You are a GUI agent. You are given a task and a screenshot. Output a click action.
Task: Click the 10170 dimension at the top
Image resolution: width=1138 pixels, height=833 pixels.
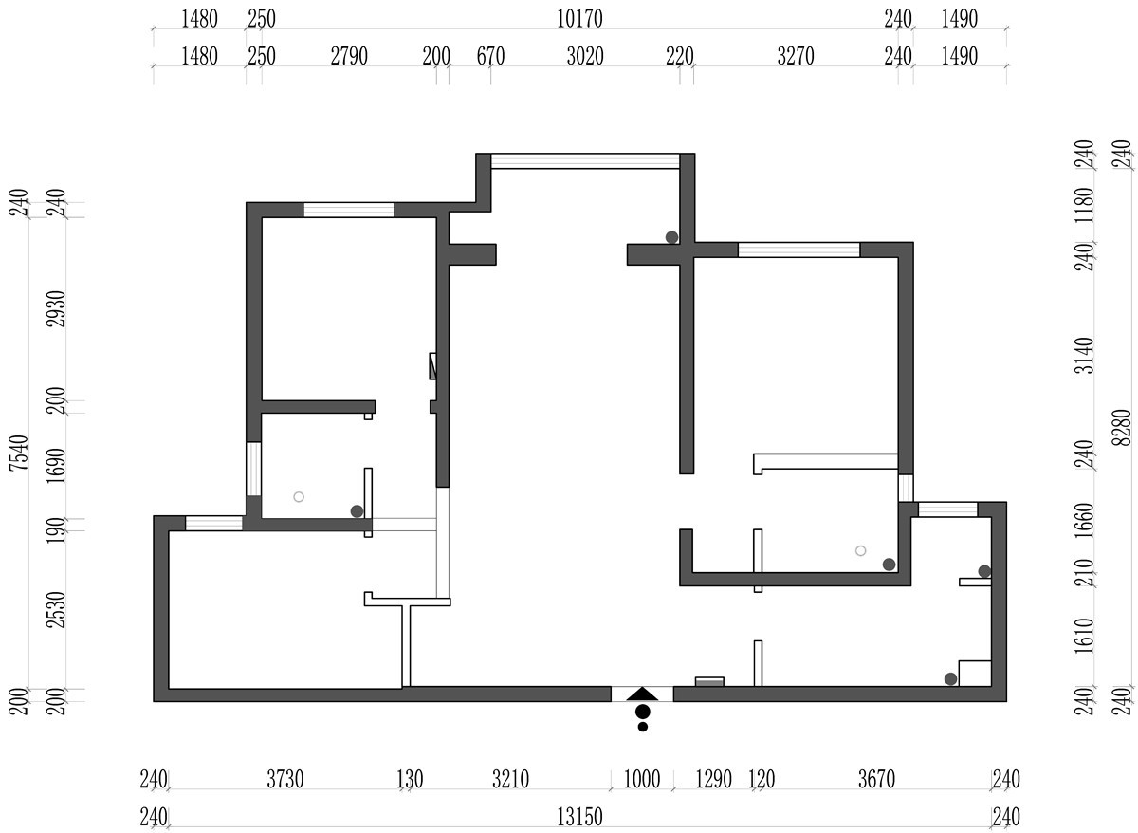coord(579,19)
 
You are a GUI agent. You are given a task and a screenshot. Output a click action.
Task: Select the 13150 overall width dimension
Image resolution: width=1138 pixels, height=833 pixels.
coord(579,817)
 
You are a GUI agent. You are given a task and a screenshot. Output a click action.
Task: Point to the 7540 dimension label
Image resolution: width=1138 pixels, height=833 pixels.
coord(19,454)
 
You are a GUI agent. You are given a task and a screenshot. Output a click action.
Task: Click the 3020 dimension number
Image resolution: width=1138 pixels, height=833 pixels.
coord(585,56)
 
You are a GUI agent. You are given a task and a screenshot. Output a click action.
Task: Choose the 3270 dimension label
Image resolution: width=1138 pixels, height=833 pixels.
coord(795,56)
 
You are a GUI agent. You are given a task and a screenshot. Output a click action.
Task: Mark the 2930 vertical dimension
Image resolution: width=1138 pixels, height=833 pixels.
coord(56,309)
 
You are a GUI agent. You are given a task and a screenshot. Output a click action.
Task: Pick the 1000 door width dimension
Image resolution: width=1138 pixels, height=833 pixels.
coord(642,779)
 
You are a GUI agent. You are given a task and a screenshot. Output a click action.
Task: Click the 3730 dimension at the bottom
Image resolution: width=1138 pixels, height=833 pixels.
coord(285,779)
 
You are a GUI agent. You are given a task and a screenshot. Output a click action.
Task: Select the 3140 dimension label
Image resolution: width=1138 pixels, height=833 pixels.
coord(1084,355)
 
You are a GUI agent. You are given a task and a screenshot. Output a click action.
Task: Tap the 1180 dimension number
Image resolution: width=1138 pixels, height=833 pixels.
coord(1084,205)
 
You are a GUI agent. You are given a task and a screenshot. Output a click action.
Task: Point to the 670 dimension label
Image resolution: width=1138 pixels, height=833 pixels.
coord(490,56)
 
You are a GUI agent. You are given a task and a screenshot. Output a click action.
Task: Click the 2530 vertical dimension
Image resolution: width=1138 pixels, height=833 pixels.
coord(56,610)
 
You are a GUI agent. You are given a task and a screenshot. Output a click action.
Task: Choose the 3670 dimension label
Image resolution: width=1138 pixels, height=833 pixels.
coord(876,779)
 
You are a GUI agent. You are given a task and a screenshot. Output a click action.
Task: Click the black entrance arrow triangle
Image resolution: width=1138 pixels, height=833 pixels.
coord(642,694)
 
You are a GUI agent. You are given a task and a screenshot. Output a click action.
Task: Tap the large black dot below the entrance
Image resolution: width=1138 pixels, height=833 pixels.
coord(643,712)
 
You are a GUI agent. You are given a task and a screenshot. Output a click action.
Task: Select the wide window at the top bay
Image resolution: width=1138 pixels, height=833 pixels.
coord(585,161)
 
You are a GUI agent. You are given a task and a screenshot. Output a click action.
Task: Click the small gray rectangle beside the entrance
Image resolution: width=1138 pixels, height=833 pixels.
coord(709,681)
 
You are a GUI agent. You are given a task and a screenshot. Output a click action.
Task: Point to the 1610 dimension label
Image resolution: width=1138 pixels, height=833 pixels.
coord(1084,636)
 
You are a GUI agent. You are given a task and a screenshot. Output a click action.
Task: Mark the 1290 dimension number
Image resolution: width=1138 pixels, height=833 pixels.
coord(713,779)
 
